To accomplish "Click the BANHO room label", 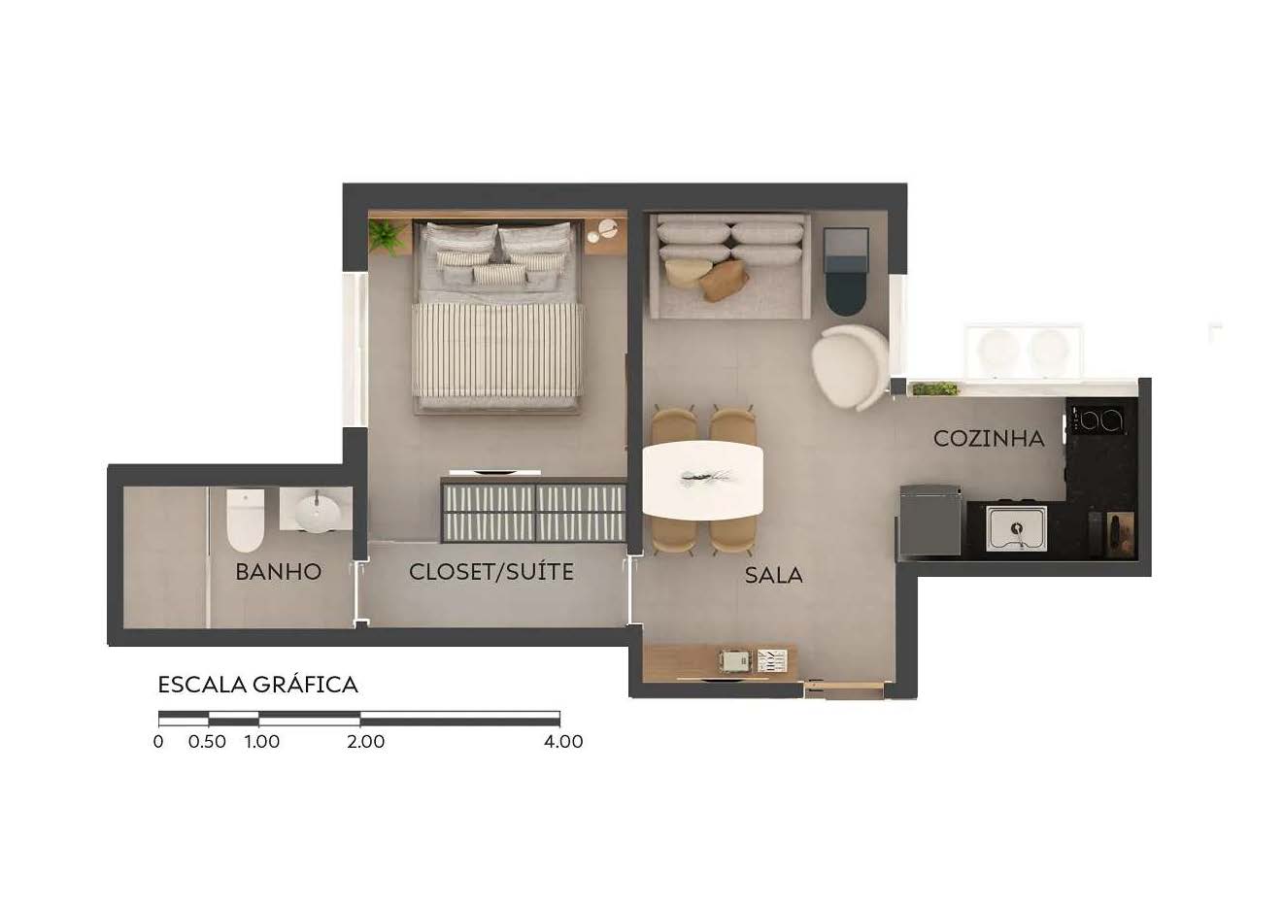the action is (278, 572).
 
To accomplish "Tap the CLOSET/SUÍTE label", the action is (491, 571).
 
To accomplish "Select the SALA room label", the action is (773, 575).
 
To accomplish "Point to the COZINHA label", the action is (989, 438).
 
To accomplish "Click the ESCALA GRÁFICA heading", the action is (258, 684).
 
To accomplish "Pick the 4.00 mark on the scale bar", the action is (563, 741).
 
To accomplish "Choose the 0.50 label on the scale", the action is (207, 741).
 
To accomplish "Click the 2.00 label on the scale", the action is (366, 741).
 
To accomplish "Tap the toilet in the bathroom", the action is (246, 520).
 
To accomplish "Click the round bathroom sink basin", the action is (318, 514).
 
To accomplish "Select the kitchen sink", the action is (1016, 528).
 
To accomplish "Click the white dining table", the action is (703, 480).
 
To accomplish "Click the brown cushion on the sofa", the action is (724, 281).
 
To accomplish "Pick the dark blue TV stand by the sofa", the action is (846, 271).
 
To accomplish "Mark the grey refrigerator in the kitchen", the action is (929, 521).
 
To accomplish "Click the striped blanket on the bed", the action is (497, 350).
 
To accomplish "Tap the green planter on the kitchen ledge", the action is (935, 389).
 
